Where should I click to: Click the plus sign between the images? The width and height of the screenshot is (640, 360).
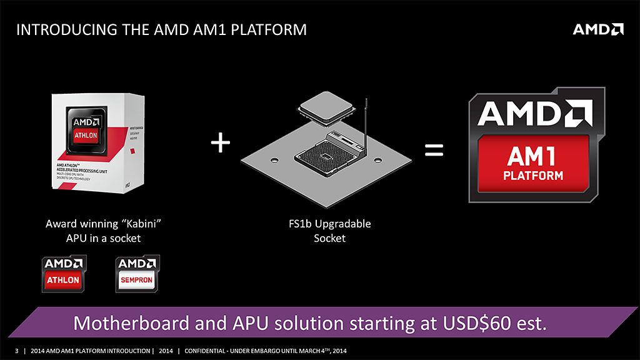coord(221,144)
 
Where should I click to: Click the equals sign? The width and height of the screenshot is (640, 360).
coord(434,150)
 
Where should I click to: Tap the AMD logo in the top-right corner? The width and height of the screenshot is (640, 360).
coord(598,29)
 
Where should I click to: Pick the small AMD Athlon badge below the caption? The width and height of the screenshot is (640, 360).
coord(63,274)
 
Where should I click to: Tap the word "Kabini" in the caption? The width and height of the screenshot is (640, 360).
coord(143,223)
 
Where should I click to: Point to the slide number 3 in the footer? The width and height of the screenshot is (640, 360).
coord(17,351)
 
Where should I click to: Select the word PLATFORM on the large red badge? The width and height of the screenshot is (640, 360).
coord(532,176)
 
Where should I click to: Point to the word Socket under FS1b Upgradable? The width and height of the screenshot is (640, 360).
coord(329,238)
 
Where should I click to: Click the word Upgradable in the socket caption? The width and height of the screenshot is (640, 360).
coord(343,223)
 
